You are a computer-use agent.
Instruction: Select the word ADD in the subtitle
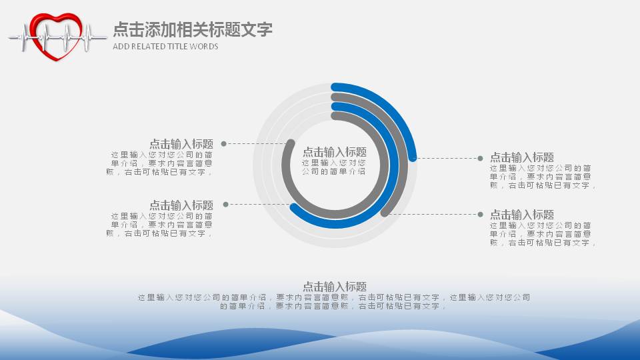(x=121, y=47)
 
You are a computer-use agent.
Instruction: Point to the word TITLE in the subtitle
(x=178, y=47)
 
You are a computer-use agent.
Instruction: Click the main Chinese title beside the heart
(x=193, y=29)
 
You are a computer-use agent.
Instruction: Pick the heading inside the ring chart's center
(x=335, y=152)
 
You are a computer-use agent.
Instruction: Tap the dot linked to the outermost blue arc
(x=480, y=158)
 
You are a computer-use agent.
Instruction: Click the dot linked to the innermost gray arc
(x=223, y=143)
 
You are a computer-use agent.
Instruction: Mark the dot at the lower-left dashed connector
(x=226, y=204)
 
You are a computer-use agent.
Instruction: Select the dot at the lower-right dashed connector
(x=480, y=214)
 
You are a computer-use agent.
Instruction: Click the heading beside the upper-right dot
(x=522, y=157)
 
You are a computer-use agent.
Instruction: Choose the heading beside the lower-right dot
(x=522, y=215)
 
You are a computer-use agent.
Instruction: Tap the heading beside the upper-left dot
(x=181, y=144)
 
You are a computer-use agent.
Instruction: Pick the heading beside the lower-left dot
(x=181, y=205)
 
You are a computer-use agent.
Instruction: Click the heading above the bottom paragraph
(x=335, y=287)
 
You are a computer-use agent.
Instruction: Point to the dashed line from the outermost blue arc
(x=447, y=158)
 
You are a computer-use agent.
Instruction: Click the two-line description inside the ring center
(x=334, y=167)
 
